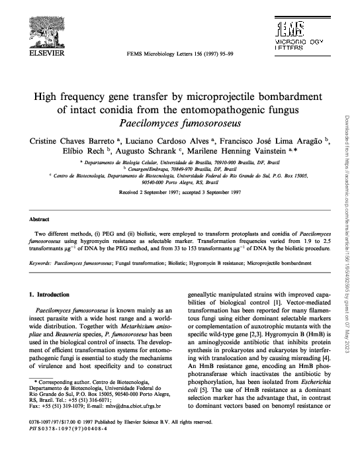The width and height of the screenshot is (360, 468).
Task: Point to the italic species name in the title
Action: pyautogui.click(x=178, y=123)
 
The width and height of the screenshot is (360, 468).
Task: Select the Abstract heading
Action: pyautogui.click(x=41, y=217)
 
